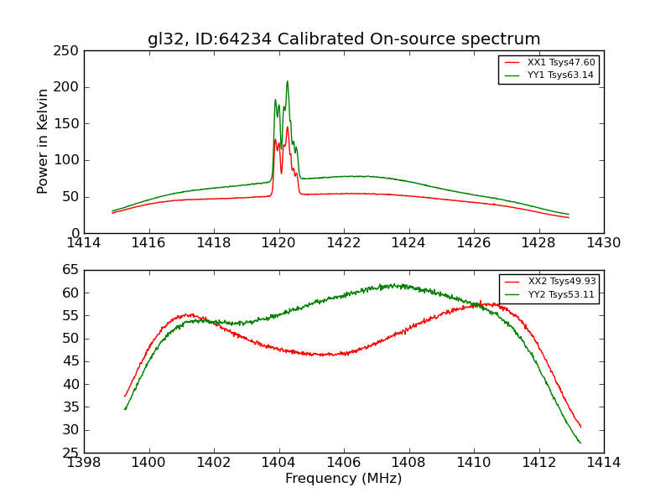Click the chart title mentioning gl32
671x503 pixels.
(x=344, y=39)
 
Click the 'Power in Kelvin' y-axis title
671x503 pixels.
(x=43, y=141)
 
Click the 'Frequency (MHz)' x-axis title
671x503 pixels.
(x=344, y=479)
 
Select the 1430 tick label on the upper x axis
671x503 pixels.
(x=604, y=242)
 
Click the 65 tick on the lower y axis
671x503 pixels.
(x=70, y=270)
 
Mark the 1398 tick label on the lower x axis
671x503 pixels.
(x=84, y=462)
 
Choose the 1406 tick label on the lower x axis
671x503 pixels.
(x=344, y=462)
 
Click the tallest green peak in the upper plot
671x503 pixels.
(x=287, y=81)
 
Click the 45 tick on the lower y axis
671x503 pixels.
(x=70, y=361)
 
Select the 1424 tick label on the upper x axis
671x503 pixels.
(x=408, y=242)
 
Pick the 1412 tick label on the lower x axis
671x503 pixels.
(x=538, y=462)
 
